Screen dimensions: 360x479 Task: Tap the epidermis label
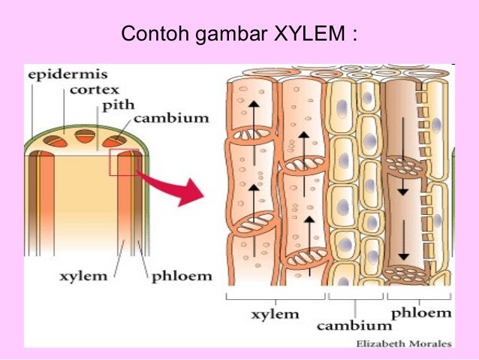tap(59, 75)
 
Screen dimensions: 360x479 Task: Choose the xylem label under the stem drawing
tap(83, 276)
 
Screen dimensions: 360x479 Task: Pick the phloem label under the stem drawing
tap(182, 276)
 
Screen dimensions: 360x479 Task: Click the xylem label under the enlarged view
tap(275, 313)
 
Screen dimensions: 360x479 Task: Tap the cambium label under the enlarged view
tap(354, 325)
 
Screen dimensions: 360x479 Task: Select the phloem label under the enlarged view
tap(421, 313)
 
